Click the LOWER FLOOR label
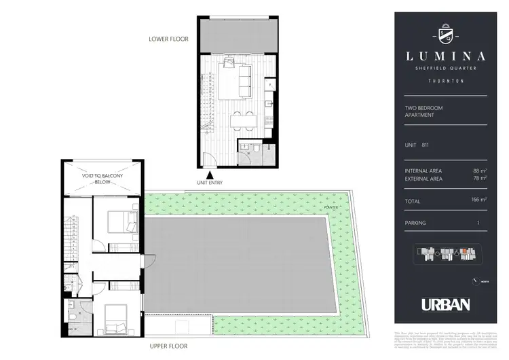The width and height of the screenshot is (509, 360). (x=168, y=39)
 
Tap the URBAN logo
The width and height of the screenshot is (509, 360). (x=445, y=305)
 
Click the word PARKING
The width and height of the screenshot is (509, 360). (x=413, y=223)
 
